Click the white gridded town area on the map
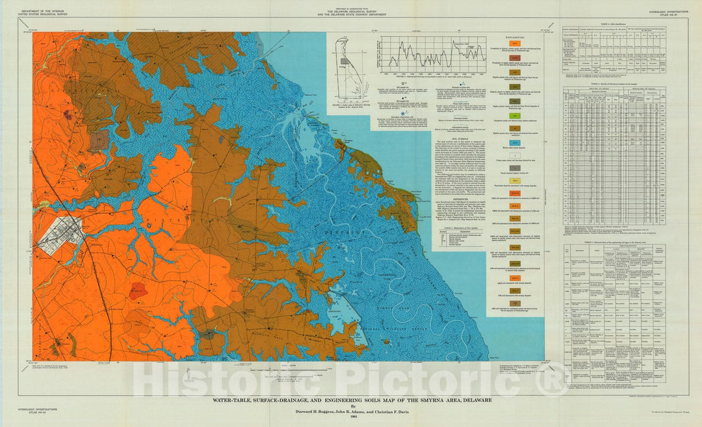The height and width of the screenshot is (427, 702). click(58, 235)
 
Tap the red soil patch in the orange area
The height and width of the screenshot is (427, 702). click(137, 290)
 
